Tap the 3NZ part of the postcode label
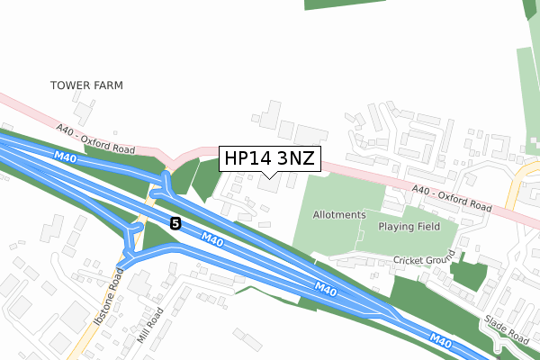coord(295,159)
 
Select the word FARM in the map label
coord(107,85)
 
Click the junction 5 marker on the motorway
coord(175,223)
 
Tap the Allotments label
coord(339,215)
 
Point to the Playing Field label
coord(409,227)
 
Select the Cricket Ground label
coord(425,260)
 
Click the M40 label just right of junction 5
coord(212,239)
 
